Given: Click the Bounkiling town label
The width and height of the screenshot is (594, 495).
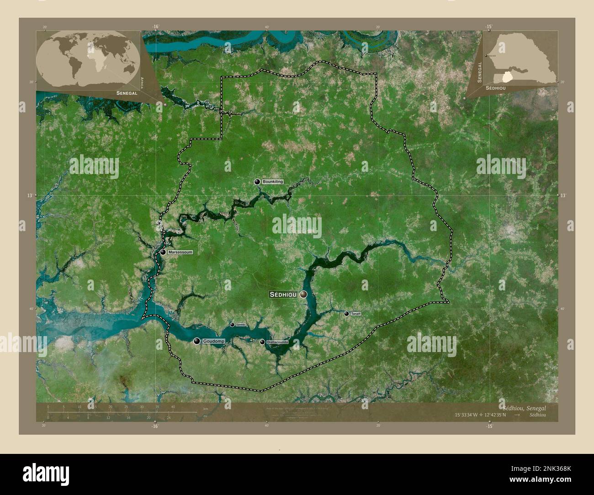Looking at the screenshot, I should tap(273, 182).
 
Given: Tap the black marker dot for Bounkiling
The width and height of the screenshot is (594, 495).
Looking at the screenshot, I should tap(257, 182).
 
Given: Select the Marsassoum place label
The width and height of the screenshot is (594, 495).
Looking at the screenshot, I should tap(180, 252).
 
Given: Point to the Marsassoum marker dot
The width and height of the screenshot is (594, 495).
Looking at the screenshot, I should tap(163, 252).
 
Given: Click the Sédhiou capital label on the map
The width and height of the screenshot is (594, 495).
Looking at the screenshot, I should tap(283, 295).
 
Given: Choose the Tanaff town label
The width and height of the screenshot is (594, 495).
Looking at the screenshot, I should tap(356, 314).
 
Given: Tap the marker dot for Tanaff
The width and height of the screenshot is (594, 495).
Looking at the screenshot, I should tap(347, 314).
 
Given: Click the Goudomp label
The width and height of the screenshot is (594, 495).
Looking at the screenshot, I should tap(213, 341).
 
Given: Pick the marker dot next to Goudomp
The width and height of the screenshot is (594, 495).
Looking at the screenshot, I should tap(196, 341).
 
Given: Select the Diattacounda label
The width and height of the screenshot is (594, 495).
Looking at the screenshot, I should tap(277, 342).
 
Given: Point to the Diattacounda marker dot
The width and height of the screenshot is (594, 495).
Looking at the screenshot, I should tap(262, 342).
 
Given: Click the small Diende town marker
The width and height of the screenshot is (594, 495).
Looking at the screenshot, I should tap(232, 325).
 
